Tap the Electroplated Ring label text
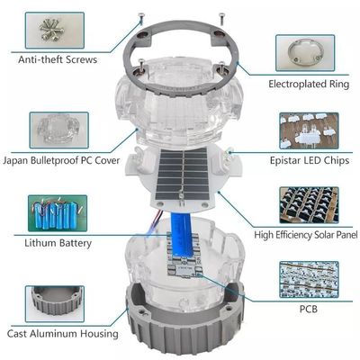[306, 84]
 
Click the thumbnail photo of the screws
[53, 28]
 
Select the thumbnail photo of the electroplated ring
[306, 52]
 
